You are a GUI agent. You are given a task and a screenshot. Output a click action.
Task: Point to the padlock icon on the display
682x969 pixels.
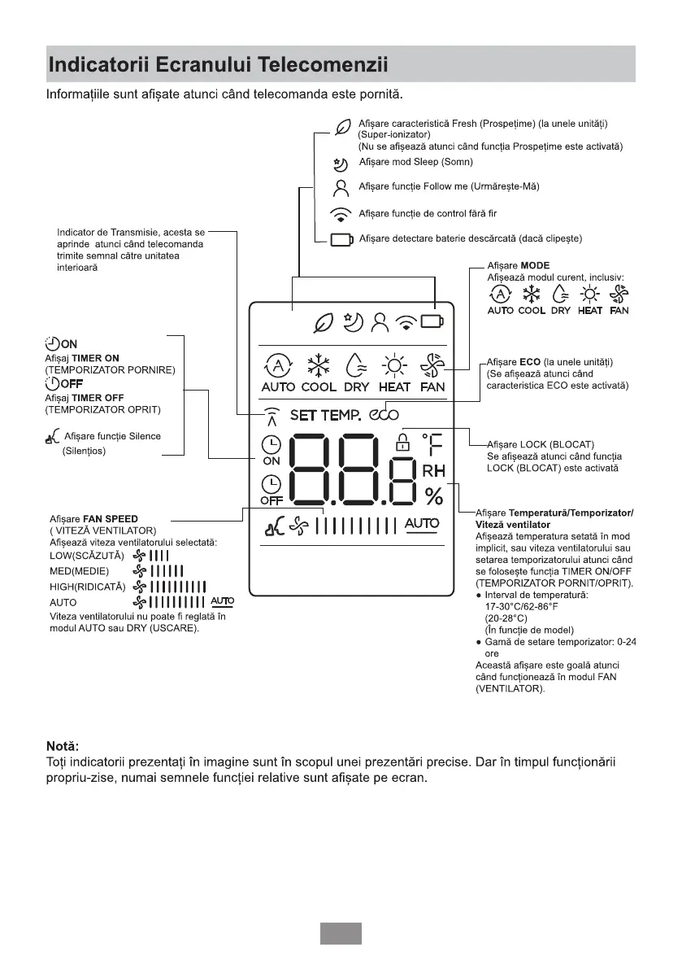400,443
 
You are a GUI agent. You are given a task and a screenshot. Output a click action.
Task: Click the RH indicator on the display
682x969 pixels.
432,470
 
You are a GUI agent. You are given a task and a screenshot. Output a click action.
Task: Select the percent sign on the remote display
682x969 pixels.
433,495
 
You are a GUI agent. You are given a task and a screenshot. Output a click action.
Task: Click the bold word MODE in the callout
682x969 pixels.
535,266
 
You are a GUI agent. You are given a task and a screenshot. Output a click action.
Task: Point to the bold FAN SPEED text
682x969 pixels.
111,519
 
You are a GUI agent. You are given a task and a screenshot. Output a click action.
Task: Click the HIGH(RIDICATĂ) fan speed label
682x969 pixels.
87,586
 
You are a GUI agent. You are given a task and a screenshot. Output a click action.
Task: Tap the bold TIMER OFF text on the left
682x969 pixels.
102,398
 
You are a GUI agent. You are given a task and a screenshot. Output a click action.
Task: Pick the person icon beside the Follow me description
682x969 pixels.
342,187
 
